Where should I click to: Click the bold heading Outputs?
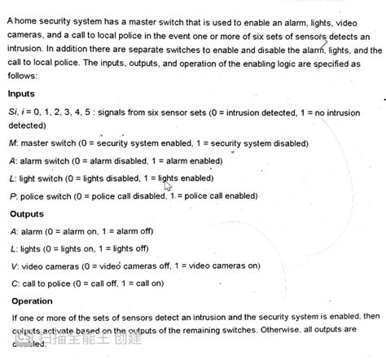pos(27,214)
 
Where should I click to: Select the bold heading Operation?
pos(32,301)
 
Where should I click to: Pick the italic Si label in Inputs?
pos(14,112)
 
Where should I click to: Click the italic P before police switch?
pos(13,196)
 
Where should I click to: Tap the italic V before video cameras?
pos(14,266)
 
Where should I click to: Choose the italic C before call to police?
pos(14,283)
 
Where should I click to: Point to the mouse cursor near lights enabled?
pos(168,187)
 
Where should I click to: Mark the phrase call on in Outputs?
pos(147,283)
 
